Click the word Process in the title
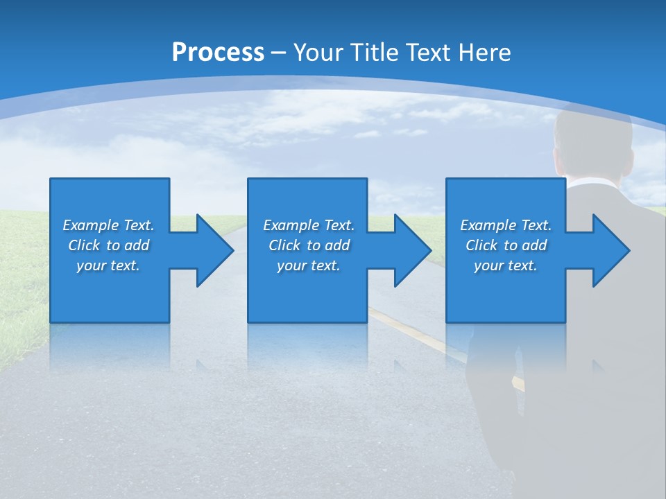(x=218, y=53)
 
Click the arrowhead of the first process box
(x=214, y=250)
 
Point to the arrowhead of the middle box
(x=412, y=250)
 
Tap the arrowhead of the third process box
(x=610, y=250)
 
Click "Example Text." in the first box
(x=108, y=225)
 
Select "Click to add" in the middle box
(x=309, y=245)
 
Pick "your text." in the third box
(x=505, y=265)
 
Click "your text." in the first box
(x=108, y=265)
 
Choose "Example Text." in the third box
(x=506, y=225)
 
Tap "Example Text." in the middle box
(x=309, y=225)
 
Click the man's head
(x=593, y=142)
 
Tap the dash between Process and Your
(x=278, y=53)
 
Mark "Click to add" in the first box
(x=108, y=245)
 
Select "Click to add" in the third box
(x=506, y=245)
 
